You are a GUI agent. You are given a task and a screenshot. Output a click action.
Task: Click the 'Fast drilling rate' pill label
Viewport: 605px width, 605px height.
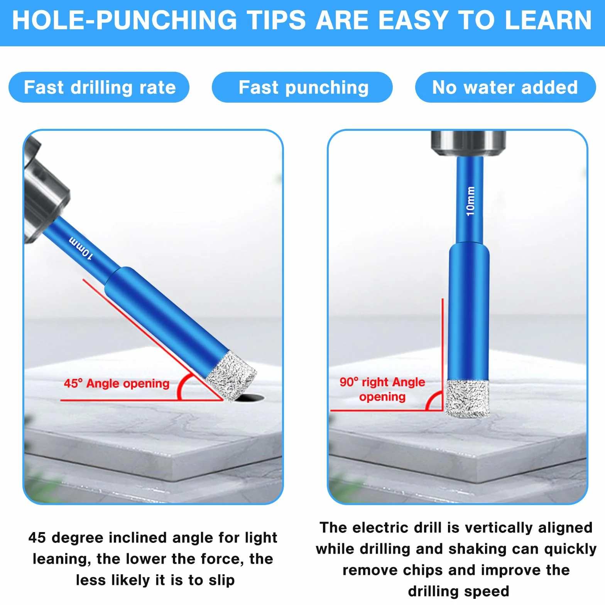point(99,87)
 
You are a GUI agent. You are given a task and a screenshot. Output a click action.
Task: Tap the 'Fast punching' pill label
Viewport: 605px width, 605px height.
point(302,87)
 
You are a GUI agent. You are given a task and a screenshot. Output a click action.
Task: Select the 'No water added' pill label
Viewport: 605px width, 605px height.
point(505,87)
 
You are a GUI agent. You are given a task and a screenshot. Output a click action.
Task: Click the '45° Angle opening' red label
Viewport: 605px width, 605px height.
point(117,383)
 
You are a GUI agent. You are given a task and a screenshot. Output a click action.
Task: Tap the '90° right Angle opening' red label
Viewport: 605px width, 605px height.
point(382,389)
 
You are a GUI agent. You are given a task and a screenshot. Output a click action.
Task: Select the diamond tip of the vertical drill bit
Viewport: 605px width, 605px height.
point(468,399)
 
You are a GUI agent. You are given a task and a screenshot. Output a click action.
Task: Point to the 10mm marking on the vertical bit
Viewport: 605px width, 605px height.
point(470,201)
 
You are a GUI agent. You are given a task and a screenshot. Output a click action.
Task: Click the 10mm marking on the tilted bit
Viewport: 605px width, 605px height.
point(81,248)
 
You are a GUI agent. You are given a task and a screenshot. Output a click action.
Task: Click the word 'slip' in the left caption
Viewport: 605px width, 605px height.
point(221,580)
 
